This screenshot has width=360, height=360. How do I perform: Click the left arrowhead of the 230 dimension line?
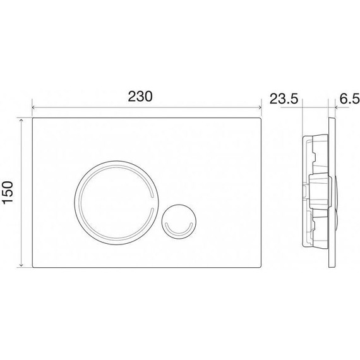[x=33, y=107]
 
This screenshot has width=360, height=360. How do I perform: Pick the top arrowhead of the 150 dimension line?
[x=23, y=119]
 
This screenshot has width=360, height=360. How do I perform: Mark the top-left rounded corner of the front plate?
[x=34, y=119]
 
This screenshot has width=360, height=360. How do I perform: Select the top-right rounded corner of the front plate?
[x=260, y=119]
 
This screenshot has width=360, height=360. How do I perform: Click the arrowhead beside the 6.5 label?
[x=332, y=107]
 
